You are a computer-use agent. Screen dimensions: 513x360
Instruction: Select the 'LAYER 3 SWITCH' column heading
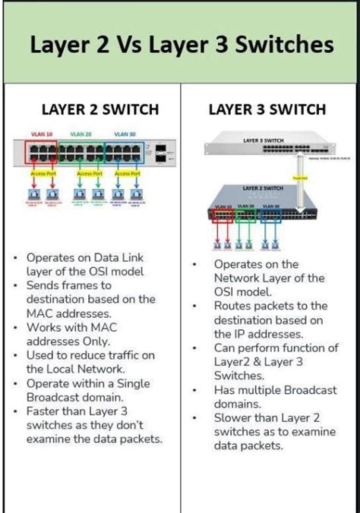point(267,109)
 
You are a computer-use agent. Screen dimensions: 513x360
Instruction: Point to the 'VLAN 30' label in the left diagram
point(125,134)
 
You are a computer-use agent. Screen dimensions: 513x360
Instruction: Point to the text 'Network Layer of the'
point(268,278)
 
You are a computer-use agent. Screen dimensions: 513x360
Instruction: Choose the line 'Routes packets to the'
point(270,305)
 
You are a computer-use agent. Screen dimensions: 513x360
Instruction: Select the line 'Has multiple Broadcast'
point(275,390)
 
